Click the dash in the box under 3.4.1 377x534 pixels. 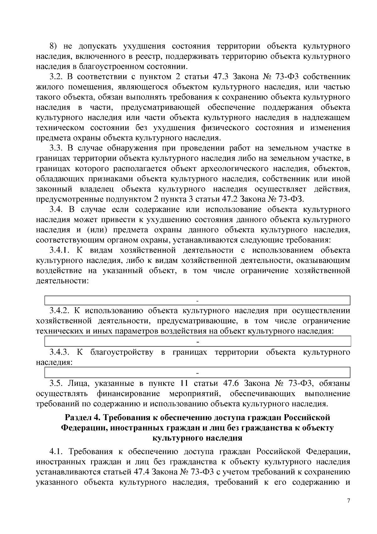[x=197, y=301]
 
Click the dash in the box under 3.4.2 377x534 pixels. [x=197, y=341]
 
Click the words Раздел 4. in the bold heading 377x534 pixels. [x=81, y=418]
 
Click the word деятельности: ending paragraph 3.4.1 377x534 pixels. [x=62, y=281]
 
